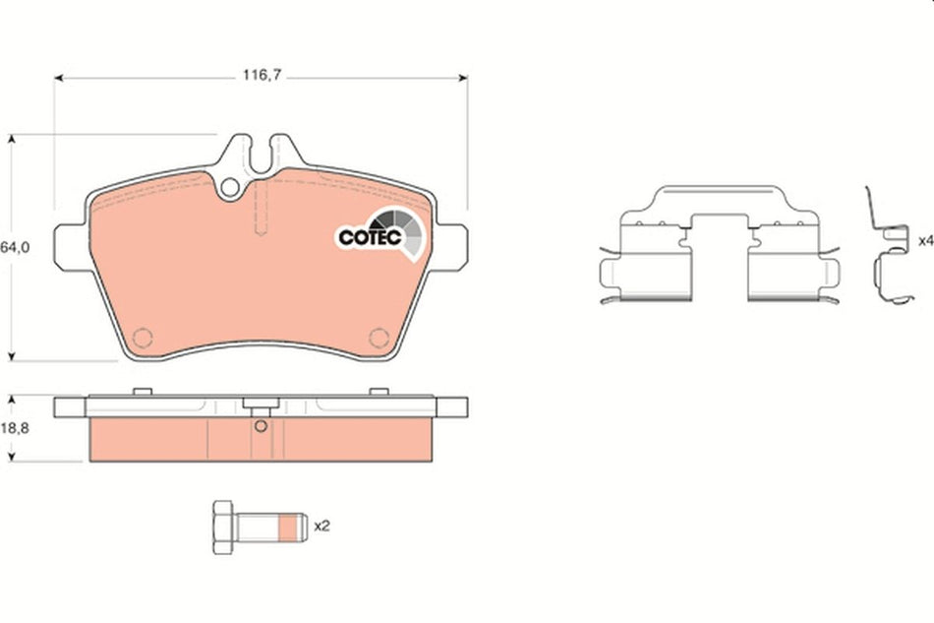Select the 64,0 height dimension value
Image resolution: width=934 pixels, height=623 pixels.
point(12,248)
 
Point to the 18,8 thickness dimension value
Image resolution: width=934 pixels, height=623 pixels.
point(12,429)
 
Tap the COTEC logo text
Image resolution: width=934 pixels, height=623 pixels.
point(367,237)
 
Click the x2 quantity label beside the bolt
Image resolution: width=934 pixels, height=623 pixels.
point(321,526)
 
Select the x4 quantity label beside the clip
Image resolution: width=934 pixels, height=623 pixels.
point(924,240)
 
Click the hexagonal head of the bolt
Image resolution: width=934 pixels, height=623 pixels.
point(222,526)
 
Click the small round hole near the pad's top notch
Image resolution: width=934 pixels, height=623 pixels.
point(229,186)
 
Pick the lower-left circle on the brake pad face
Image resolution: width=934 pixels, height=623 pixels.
point(143,338)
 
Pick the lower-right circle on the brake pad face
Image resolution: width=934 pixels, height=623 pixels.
point(379,338)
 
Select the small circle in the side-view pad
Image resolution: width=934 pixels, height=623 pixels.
point(261,426)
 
